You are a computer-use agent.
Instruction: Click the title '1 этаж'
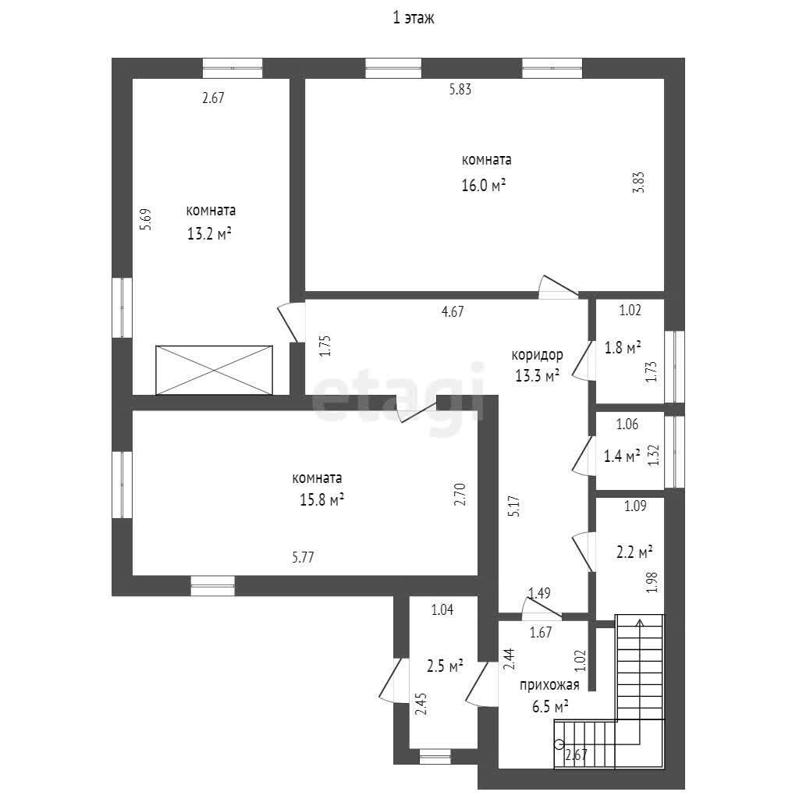click(414, 19)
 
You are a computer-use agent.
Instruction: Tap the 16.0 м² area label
click(484, 184)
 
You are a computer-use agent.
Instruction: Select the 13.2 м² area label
click(209, 234)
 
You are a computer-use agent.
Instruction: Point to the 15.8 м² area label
click(321, 499)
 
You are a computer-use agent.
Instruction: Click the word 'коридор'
click(537, 355)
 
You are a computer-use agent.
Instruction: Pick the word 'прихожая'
click(549, 685)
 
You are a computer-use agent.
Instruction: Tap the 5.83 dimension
click(460, 89)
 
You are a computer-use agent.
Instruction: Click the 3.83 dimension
click(639, 182)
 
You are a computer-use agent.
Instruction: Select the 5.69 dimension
click(146, 219)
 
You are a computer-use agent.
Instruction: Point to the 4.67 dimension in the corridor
click(453, 311)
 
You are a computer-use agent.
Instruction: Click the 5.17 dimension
click(515, 506)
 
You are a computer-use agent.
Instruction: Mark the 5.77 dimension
click(303, 557)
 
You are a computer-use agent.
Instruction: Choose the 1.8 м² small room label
click(623, 347)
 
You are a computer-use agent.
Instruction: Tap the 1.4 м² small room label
click(622, 456)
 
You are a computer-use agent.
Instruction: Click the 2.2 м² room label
click(635, 552)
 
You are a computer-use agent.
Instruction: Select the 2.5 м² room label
click(445, 666)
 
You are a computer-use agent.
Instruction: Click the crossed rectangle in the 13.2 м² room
click(214, 370)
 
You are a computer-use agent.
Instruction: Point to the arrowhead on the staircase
click(640, 622)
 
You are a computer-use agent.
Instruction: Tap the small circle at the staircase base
click(559, 744)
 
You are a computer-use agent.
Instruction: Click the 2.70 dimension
click(460, 494)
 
